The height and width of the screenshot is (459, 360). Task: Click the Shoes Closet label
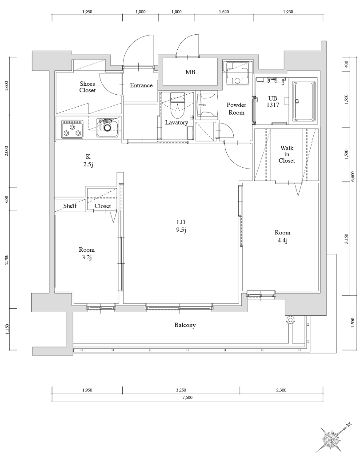tap(88, 87)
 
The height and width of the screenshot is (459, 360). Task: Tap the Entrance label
tap(141, 85)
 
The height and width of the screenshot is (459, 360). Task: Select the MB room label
tap(190, 72)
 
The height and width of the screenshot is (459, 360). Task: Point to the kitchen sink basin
tap(107, 128)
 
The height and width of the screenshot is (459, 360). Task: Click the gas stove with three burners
tap(72, 129)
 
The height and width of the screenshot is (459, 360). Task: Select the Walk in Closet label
tap(287, 154)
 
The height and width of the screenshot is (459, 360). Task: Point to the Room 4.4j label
tap(282, 237)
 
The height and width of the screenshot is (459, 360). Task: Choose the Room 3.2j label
tap(87, 254)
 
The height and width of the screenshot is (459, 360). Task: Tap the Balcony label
tap(184, 325)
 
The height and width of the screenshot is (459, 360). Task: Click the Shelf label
tap(70, 206)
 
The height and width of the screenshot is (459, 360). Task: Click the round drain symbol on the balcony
tap(291, 319)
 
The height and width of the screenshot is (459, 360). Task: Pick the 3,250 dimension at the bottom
tap(180, 390)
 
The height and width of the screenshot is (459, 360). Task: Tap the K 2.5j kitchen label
tap(88, 160)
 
